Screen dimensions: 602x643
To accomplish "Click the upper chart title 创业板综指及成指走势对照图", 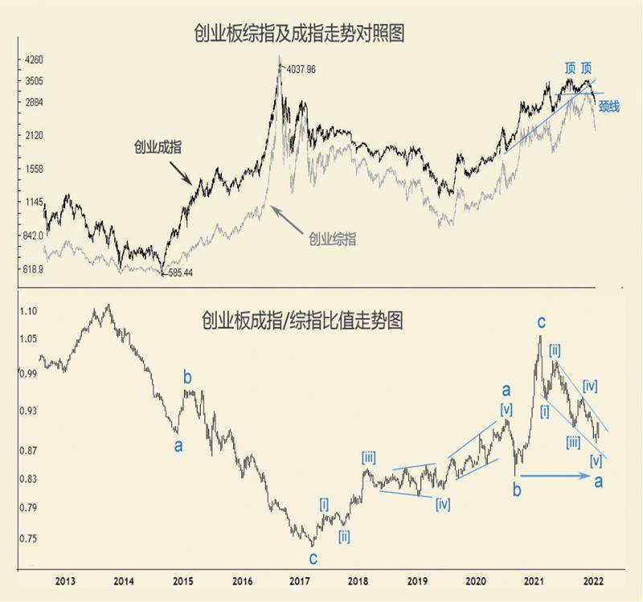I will [298, 33].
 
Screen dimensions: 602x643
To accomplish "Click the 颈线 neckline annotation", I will [608, 106].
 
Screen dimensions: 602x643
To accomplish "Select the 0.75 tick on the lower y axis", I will [29, 539].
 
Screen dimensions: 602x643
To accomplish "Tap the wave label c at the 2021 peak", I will [542, 322].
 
